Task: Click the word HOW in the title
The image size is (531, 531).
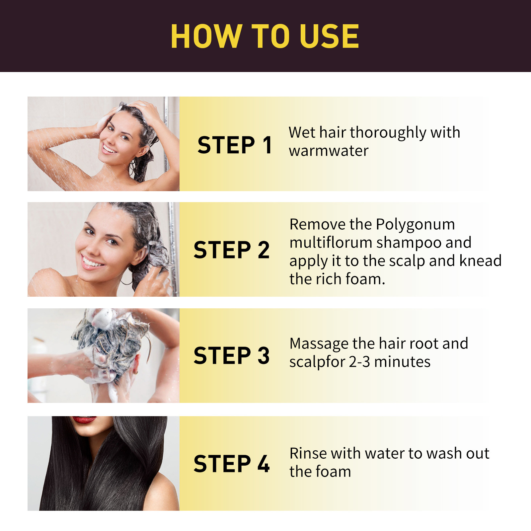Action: tap(206, 37)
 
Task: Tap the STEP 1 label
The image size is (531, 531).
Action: tap(235, 145)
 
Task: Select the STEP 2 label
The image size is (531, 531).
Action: tap(231, 250)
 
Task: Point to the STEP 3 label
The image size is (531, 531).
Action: tap(231, 355)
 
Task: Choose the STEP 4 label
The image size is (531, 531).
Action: tap(231, 464)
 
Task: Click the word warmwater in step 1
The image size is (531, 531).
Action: tap(329, 151)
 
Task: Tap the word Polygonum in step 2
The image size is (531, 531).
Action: tap(415, 225)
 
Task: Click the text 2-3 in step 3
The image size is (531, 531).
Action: tap(359, 362)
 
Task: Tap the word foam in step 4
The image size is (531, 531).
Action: tap(332, 472)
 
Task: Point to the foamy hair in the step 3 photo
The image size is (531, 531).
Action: tap(113, 342)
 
